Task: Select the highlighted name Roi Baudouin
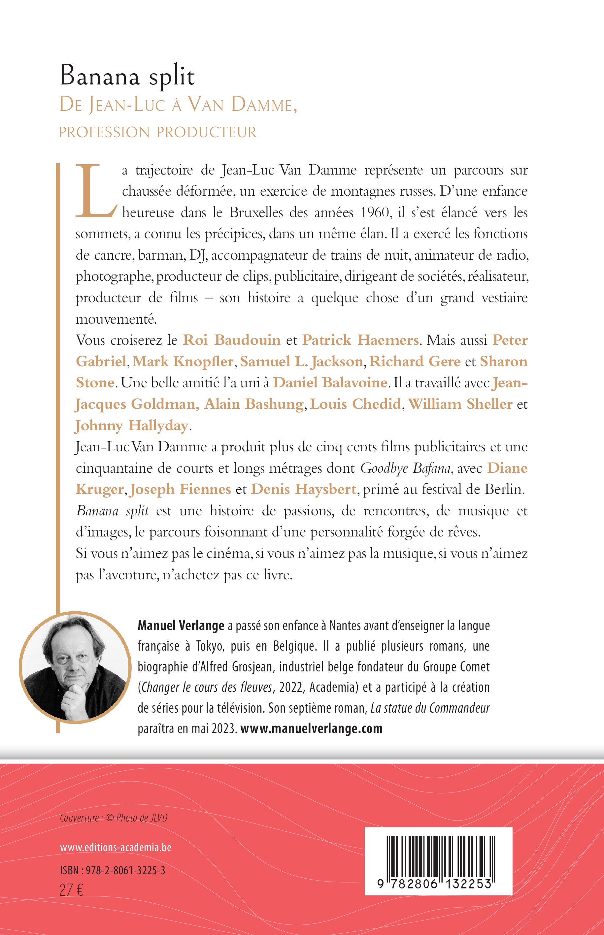232,340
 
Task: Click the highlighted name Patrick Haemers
360,340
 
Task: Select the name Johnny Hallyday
132,425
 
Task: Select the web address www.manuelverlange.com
311,728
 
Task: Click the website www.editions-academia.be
116,848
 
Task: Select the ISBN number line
113,871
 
